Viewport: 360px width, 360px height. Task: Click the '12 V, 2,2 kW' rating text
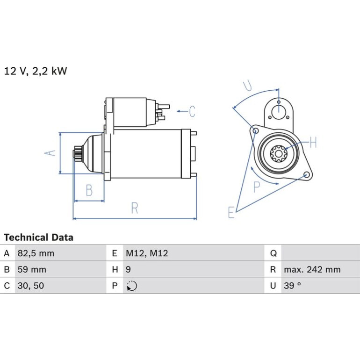click(36, 71)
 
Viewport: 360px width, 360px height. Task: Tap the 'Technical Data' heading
click(38, 238)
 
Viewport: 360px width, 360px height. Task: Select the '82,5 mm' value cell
click(36, 253)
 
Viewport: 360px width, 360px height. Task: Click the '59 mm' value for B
click(32, 269)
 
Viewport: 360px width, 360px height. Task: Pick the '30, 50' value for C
click(31, 286)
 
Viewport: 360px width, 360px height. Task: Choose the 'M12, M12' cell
click(147, 253)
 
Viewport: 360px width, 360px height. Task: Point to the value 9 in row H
click(129, 269)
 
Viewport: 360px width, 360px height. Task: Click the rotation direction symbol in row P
click(132, 286)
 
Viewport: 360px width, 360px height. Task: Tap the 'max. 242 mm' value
click(312, 269)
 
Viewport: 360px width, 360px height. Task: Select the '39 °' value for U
click(292, 286)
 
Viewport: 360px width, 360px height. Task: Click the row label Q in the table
click(273, 253)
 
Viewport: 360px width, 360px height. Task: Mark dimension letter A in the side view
click(50, 153)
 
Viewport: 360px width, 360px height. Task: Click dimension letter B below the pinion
click(89, 190)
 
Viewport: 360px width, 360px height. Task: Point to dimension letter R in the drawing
click(135, 208)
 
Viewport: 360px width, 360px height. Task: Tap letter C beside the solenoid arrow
click(192, 111)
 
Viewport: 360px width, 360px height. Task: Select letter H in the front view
click(313, 142)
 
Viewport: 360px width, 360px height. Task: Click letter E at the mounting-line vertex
click(231, 212)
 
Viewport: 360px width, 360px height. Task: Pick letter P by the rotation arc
click(257, 187)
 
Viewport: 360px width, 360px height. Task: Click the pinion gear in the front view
click(278, 154)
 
